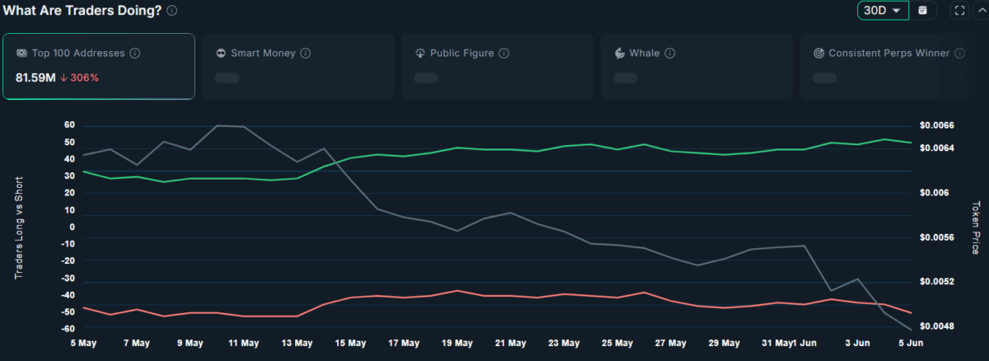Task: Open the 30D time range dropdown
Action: [883, 10]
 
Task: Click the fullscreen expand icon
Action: [959, 11]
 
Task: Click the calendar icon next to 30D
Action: [923, 11]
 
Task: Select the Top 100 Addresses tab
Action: [98, 66]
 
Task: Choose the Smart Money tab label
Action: [263, 54]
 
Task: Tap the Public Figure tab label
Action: [462, 54]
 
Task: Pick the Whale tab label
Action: [644, 54]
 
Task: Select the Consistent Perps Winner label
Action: [888, 54]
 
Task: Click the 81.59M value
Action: [35, 77]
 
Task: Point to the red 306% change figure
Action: [84, 77]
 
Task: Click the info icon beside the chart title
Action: [171, 11]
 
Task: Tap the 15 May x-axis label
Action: [350, 343]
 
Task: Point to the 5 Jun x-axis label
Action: [911, 343]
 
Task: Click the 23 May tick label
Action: [564, 343]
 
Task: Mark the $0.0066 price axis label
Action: [937, 125]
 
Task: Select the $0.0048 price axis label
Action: [937, 326]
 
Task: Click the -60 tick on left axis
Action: [68, 329]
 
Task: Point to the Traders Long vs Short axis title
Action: [18, 227]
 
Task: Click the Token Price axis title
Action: [976, 227]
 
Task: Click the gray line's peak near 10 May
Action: [218, 126]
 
